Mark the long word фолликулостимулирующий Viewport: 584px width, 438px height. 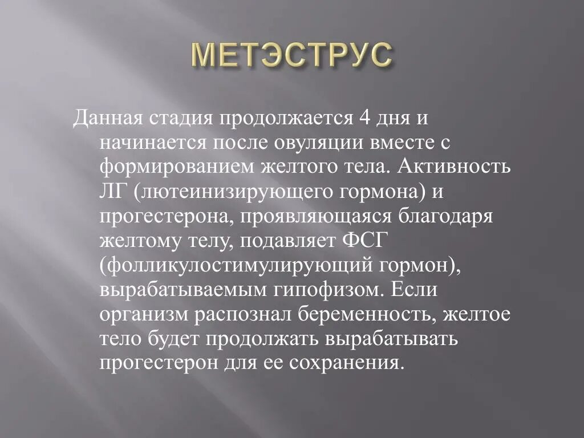point(236,266)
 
